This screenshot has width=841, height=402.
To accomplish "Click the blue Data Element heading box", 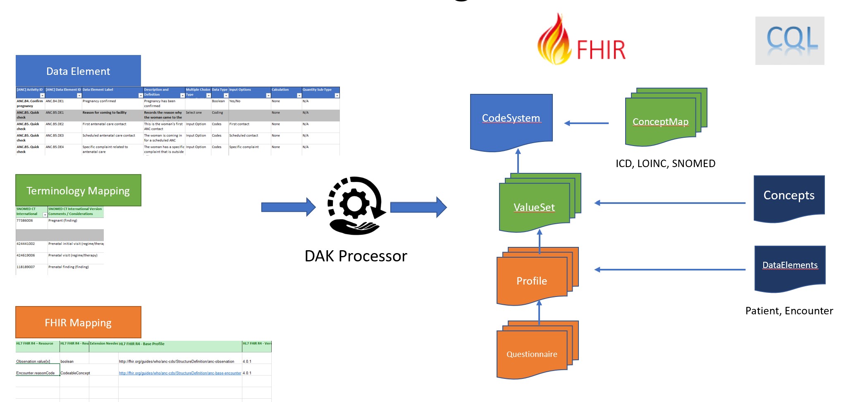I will (x=78, y=71).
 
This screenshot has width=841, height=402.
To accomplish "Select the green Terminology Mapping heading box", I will (x=78, y=190).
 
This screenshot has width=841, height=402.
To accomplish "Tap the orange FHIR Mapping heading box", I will (x=78, y=322).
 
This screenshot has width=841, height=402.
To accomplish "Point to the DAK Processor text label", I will (x=356, y=256).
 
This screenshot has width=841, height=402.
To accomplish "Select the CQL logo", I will (x=790, y=41).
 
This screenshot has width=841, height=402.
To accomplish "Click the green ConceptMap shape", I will (x=660, y=122).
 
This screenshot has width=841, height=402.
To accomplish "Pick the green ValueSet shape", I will (x=534, y=207).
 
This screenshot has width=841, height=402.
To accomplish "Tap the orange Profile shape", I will (x=532, y=281).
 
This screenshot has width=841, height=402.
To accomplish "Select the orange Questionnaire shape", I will (x=532, y=354).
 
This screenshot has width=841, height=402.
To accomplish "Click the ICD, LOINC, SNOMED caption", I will (x=665, y=163).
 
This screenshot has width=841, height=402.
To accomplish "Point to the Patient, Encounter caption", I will (x=789, y=311).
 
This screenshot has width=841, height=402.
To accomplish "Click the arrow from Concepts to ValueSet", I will (x=670, y=203).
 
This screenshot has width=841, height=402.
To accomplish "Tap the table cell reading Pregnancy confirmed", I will (x=99, y=101).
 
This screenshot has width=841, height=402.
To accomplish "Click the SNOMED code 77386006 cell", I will (x=25, y=220).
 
